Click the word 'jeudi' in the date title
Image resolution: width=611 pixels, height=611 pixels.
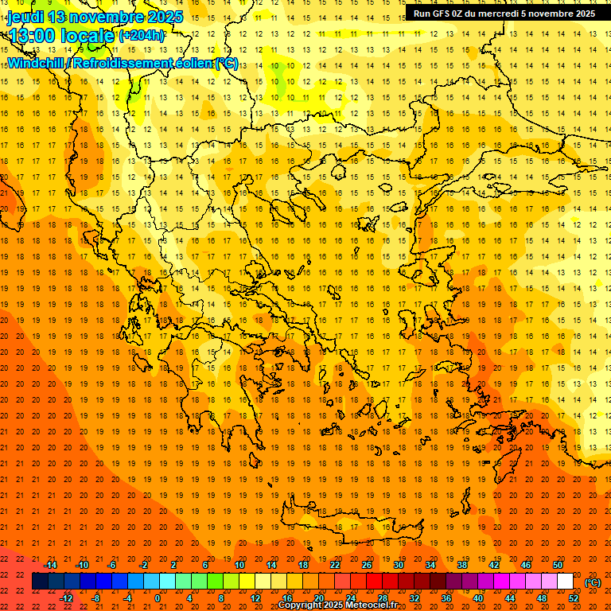click(x=25, y=17)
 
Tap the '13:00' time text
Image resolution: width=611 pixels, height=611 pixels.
click(x=32, y=34)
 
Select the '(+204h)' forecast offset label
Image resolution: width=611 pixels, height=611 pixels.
click(x=142, y=35)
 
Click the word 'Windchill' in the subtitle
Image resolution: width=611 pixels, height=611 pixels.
click(x=36, y=63)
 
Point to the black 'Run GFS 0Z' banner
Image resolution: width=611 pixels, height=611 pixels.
click(x=504, y=13)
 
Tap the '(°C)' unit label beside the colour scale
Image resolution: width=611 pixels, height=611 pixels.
click(x=593, y=582)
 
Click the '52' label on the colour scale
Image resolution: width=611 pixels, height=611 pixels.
click(x=574, y=598)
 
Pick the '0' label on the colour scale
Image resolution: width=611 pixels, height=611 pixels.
click(x=158, y=598)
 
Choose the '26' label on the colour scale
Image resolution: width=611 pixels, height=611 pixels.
click(x=366, y=565)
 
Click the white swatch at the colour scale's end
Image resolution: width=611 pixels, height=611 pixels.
click(x=565, y=582)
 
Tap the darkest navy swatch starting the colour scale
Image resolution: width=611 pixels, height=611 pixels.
click(x=40, y=582)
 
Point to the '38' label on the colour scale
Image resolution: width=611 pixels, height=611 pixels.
click(x=461, y=565)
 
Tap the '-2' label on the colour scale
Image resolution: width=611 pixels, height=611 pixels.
click(x=144, y=565)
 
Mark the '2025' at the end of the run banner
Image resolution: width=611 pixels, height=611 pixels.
click(x=582, y=13)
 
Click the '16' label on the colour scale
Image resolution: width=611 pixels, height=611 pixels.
click(x=286, y=598)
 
